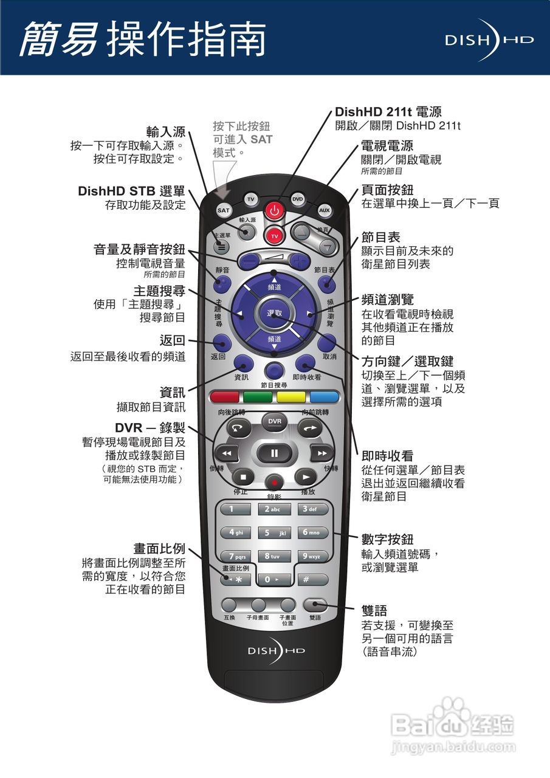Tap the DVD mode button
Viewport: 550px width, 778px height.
297,199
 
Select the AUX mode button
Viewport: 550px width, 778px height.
325,210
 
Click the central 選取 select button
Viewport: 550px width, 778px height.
275,314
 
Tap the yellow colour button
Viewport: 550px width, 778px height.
291,398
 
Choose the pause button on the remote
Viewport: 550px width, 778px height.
274,453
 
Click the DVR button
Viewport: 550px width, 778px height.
275,421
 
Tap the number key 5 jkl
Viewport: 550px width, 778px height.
275,533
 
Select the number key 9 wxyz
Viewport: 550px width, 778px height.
313,556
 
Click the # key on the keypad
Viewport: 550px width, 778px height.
313,580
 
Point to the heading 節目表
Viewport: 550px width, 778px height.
381,237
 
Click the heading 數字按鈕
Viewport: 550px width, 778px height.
388,539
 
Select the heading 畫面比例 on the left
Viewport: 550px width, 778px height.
159,548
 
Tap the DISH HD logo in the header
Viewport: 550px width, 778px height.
489,40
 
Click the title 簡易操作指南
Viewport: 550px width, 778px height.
143,40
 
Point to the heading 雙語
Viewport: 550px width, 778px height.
374,610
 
